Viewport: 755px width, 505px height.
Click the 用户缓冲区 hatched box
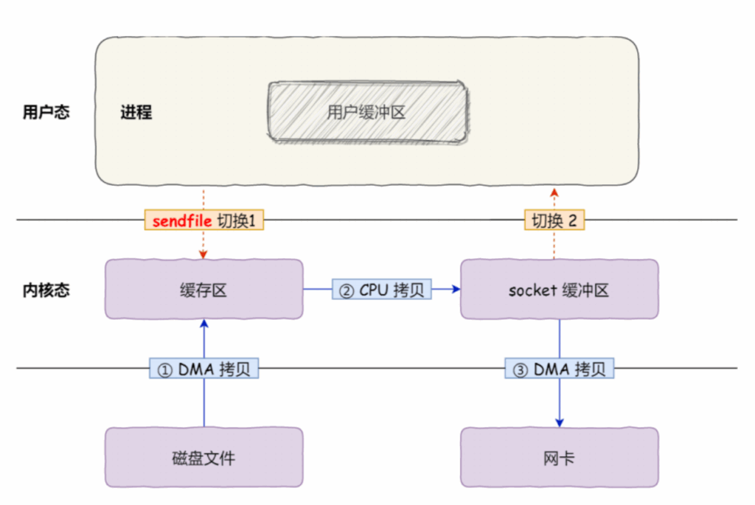(x=366, y=112)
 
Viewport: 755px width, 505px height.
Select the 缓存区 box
(x=204, y=290)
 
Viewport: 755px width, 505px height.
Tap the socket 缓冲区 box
(x=559, y=290)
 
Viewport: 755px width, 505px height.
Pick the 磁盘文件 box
(x=204, y=458)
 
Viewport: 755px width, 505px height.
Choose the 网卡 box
(x=559, y=458)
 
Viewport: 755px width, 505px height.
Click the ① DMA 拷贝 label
(x=204, y=369)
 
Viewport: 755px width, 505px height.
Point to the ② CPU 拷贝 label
(x=381, y=290)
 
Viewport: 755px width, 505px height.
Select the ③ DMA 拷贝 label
(x=559, y=369)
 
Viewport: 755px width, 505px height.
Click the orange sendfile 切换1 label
(x=204, y=220)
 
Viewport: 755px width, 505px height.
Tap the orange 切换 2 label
(x=555, y=220)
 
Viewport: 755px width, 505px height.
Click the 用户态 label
(x=46, y=113)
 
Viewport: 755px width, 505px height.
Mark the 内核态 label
(x=46, y=290)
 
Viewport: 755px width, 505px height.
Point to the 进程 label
(x=136, y=113)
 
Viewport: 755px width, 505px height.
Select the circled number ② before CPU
(x=346, y=290)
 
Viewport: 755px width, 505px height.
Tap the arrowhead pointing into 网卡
(x=559, y=422)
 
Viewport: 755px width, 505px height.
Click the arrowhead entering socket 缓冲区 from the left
(x=456, y=290)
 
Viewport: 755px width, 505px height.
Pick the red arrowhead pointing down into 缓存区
(x=204, y=255)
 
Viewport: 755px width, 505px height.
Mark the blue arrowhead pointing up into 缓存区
(x=204, y=323)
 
